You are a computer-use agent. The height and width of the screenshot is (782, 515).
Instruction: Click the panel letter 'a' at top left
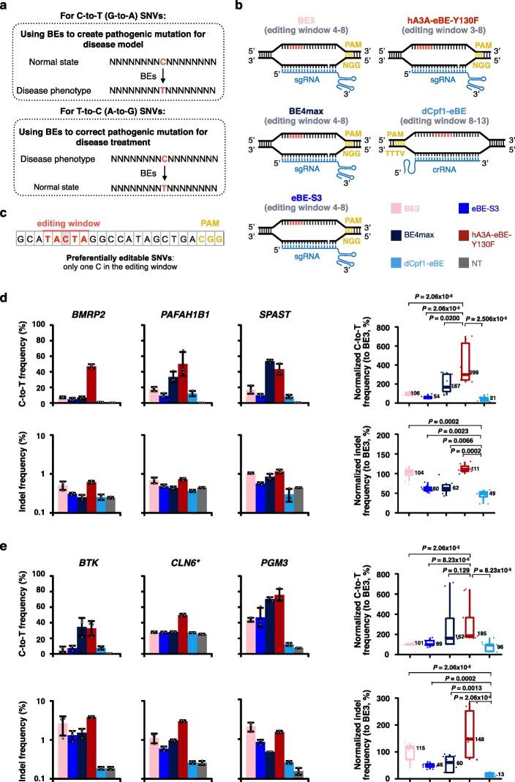click(x=6, y=5)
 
